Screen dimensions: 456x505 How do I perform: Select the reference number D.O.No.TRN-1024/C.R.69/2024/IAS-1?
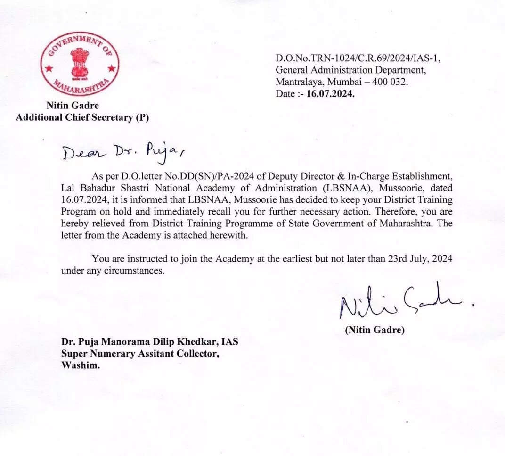[358, 58]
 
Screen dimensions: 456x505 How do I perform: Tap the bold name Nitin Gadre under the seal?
[73, 106]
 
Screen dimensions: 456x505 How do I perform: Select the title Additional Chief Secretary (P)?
[82, 117]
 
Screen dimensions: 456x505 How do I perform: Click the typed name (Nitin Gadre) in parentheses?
[375, 330]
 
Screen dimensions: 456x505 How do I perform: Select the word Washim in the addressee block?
[80, 365]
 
